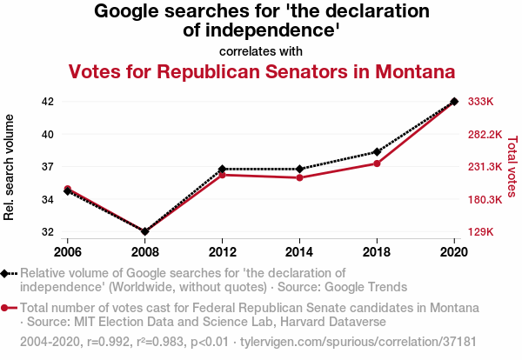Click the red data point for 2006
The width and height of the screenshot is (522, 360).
[68, 189]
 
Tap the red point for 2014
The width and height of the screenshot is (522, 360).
[299, 177]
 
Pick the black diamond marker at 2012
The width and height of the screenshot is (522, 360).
[223, 169]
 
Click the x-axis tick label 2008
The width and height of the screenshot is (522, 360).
[145, 252]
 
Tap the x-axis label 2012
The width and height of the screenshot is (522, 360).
[223, 252]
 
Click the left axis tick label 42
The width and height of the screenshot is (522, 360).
[48, 102]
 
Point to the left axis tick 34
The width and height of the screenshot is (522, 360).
[48, 199]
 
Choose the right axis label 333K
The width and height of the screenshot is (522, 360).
[481, 102]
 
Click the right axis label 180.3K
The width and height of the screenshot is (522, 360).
[485, 199]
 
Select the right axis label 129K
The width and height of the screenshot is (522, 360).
[481, 232]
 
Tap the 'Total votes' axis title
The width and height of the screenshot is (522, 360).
[512, 165]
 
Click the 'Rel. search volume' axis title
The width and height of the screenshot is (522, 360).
[10, 166]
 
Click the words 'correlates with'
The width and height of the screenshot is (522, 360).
[261, 50]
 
